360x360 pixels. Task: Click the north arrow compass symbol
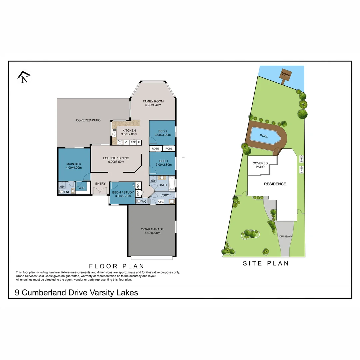click(24, 77)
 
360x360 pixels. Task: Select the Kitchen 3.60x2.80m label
click(129, 132)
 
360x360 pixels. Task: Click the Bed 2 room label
click(163, 133)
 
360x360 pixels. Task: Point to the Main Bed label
click(74, 166)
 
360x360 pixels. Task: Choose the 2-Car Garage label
click(152, 231)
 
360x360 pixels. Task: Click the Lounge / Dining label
click(116, 160)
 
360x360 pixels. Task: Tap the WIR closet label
click(82, 188)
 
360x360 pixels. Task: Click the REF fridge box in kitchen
click(133, 142)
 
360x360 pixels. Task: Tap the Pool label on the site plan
click(264, 136)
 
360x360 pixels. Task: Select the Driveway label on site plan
click(286, 237)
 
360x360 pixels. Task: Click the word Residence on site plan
click(275, 184)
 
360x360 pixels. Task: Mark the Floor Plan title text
click(116, 266)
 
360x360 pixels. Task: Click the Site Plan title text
click(266, 263)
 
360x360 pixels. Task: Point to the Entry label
click(100, 184)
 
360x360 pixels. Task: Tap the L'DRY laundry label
click(165, 195)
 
